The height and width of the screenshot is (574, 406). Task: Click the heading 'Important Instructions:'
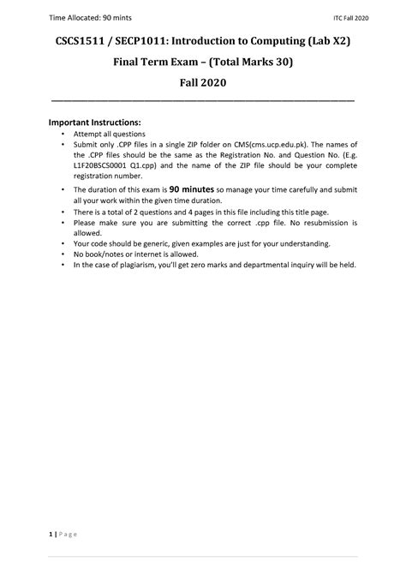pyautogui.click(x=96, y=123)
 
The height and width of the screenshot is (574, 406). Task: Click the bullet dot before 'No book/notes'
pyautogui.click(x=63, y=254)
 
